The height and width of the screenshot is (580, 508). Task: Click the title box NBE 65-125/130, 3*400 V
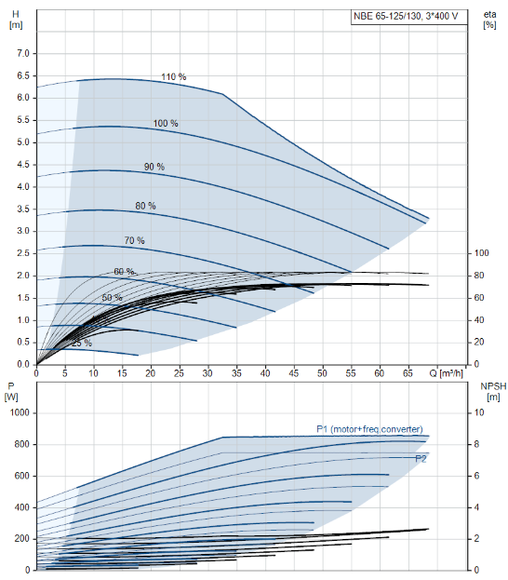(x=409, y=17)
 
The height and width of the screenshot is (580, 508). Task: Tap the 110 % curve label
(x=174, y=77)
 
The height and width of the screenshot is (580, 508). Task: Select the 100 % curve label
(x=166, y=123)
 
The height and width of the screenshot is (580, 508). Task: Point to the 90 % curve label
(x=154, y=167)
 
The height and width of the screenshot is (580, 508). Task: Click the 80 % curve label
(x=145, y=206)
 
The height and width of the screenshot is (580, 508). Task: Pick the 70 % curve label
(x=134, y=240)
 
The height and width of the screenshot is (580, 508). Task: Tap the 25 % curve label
(x=82, y=344)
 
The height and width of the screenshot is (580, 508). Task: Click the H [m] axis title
(x=16, y=20)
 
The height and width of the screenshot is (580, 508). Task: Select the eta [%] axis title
(x=489, y=20)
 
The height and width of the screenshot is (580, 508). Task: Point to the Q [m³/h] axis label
(x=446, y=373)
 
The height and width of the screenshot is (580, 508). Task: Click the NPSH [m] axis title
(x=493, y=392)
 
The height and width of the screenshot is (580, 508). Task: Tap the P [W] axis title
(x=11, y=392)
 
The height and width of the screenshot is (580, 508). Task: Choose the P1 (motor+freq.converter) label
(x=369, y=429)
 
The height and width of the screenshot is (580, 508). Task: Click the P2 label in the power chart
(x=421, y=459)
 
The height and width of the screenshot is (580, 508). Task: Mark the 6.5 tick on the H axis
(x=23, y=75)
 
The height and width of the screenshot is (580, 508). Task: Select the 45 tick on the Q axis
(x=294, y=373)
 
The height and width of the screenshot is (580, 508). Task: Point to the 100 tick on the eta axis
(x=481, y=253)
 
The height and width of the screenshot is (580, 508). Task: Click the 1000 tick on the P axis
(x=20, y=412)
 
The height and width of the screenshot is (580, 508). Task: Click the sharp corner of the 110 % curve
(x=223, y=94)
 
